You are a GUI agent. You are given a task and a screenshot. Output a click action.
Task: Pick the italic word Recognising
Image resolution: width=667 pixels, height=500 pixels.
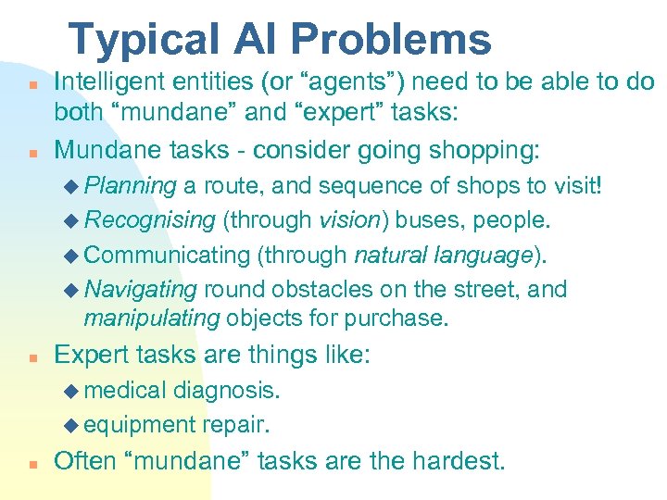149,220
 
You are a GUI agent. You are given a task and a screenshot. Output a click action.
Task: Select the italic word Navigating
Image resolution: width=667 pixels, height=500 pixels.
141,289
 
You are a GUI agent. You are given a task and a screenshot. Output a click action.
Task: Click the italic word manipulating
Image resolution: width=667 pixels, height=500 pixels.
151,319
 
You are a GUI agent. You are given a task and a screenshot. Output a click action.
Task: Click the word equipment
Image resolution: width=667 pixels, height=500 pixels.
139,424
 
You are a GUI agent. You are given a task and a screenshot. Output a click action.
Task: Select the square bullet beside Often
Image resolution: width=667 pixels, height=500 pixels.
31,463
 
